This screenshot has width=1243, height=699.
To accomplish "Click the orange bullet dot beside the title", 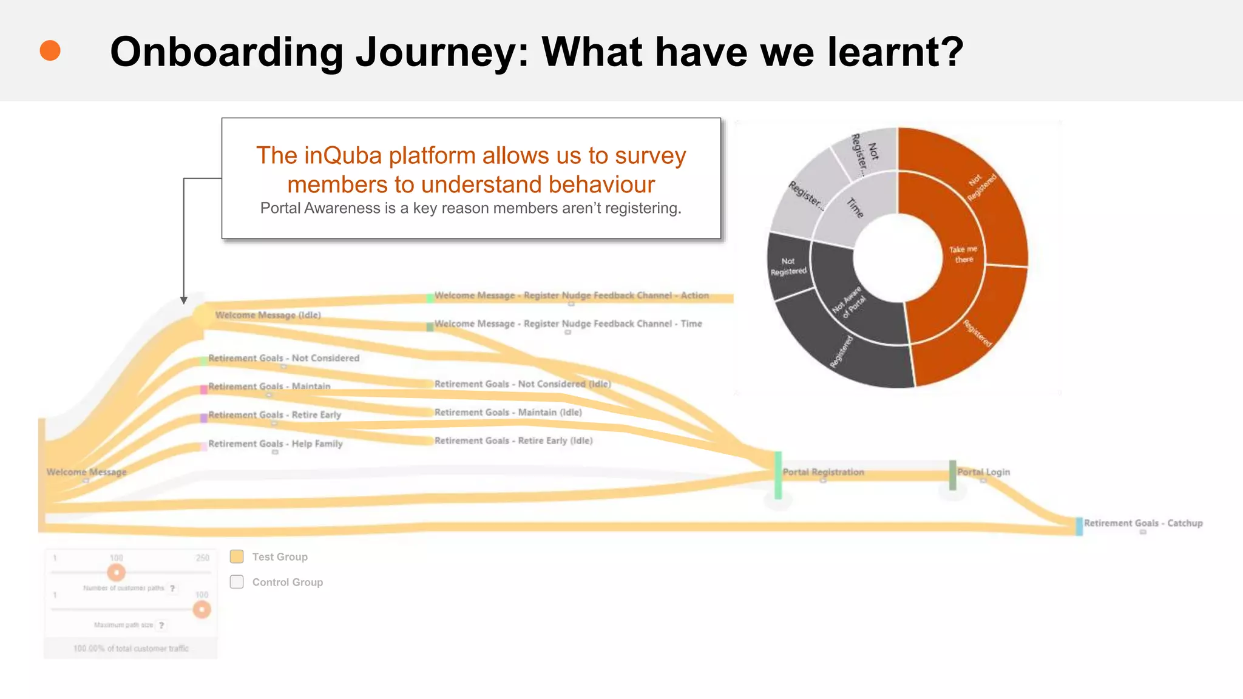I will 50,51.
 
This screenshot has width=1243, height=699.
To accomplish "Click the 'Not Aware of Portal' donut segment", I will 850,300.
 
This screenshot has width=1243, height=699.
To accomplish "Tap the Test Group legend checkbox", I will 237,556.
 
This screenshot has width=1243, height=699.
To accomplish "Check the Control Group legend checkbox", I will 237,582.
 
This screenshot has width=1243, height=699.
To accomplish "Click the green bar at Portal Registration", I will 778,474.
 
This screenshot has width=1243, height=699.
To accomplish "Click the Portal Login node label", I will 983,472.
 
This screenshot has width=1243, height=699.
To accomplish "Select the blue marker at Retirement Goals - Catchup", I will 1079,526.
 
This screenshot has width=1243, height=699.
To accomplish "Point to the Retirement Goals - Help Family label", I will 276,444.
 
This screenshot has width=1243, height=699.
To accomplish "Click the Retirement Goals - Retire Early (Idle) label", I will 513,441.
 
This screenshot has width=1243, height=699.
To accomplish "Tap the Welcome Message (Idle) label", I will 268,315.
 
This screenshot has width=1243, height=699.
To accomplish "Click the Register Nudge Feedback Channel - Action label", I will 571,295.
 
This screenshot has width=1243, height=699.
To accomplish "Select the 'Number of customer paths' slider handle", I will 116,572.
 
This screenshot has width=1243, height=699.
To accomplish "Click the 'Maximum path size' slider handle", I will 202,609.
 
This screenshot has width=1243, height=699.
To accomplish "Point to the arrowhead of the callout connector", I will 184,300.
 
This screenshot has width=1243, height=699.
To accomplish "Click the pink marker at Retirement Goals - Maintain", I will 204,390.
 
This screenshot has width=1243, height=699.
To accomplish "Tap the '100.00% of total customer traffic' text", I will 131,649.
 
